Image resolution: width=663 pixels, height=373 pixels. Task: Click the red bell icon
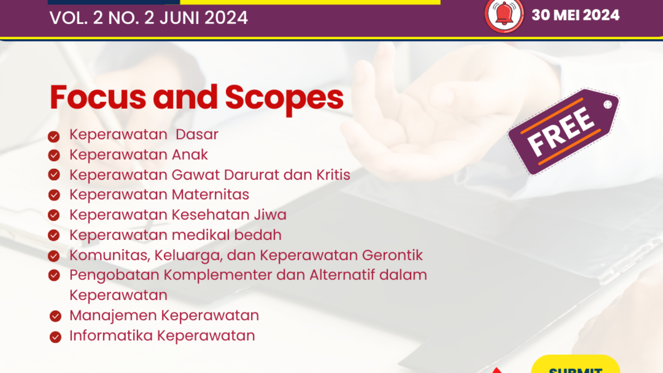(x=504, y=15)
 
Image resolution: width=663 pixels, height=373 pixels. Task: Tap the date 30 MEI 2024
(x=575, y=15)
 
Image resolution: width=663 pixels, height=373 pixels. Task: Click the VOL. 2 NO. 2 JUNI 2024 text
(x=149, y=18)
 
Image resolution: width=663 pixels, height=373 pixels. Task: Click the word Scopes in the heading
(x=284, y=98)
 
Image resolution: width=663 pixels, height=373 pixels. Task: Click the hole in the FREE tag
(x=608, y=105)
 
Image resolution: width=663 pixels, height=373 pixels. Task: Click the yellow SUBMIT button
(x=575, y=366)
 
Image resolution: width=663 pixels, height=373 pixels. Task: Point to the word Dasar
(x=197, y=134)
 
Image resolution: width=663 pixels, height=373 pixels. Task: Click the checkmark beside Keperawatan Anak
(x=54, y=155)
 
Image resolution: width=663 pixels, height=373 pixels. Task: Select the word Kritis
(x=333, y=175)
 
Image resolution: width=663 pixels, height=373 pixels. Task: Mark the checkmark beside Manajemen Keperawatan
(x=55, y=316)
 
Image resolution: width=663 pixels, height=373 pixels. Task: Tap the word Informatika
(x=111, y=336)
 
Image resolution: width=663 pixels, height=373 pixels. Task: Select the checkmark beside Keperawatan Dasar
(x=54, y=136)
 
